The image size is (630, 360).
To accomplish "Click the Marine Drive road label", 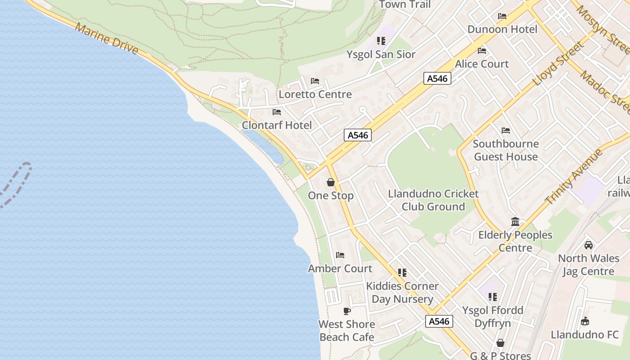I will coord(107,38).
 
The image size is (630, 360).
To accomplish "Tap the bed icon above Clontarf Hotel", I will coord(277,112).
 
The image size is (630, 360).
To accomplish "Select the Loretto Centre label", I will coord(315,94).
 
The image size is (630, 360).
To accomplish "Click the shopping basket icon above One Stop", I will coord(331,182).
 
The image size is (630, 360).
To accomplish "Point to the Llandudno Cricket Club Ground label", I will coord(433,200).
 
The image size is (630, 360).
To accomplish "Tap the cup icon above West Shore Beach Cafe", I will coord(346,311).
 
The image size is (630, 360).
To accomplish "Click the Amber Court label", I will coord(340,269).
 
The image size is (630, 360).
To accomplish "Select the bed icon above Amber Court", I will coord(340,255).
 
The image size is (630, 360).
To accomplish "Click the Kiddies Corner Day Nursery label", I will coord(402,292).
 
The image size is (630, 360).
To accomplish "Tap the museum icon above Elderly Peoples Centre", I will coord(515,221).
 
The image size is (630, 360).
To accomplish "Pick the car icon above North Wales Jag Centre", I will coord(589,245).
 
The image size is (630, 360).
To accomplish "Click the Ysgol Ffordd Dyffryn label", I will coord(493,317).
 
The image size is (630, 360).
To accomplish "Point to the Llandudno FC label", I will coord(585,335).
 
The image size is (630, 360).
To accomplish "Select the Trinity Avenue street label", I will coord(574,176).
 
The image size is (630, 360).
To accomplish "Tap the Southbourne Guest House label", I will coord(506,150).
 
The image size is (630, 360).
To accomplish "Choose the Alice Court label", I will coord(482,64).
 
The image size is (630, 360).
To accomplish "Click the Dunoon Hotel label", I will coord(502,29).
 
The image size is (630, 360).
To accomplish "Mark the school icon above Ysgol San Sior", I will coord(381,41).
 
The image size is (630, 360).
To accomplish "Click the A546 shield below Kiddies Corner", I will coord(439,321).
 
